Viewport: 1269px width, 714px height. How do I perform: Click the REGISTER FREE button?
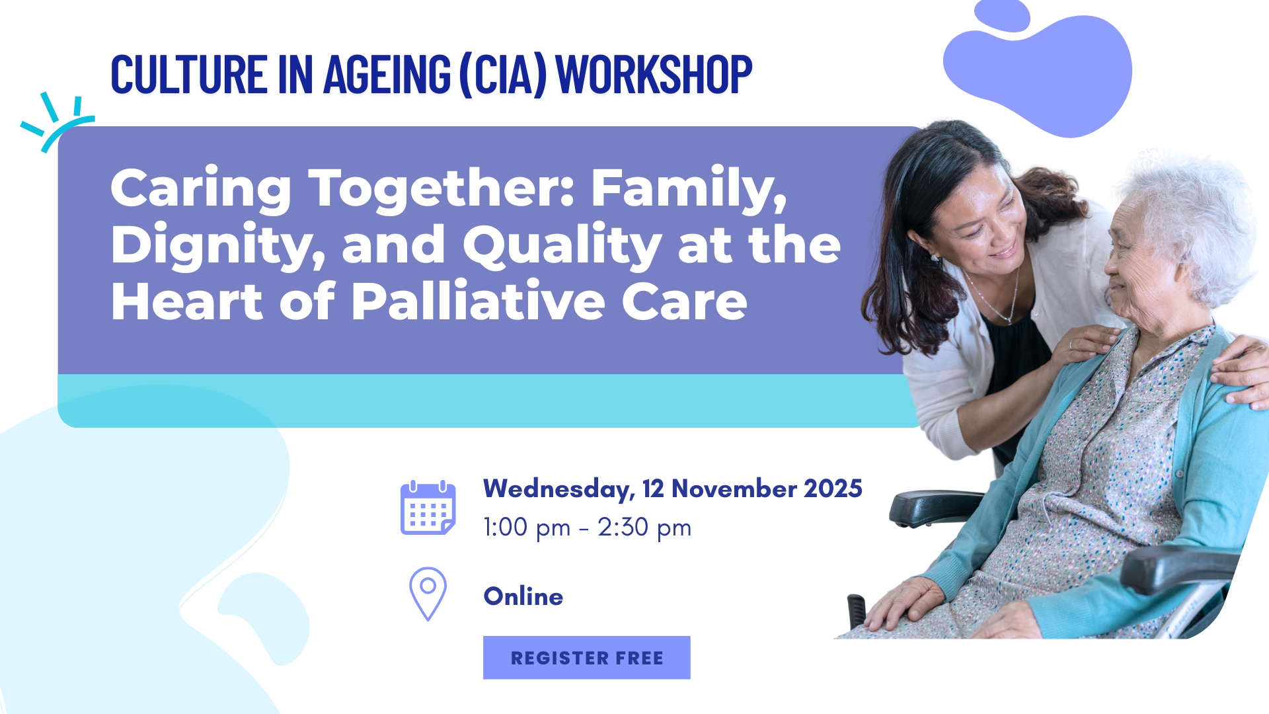(587, 658)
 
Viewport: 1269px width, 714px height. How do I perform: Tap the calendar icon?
(428, 508)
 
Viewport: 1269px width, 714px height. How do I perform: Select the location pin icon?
(428, 594)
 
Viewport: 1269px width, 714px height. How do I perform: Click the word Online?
(523, 596)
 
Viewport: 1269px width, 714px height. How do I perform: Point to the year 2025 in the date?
(833, 489)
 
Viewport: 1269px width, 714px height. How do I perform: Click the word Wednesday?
(559, 489)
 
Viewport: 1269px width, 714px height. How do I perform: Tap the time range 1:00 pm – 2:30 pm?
(588, 528)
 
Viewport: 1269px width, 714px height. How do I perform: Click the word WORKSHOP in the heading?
(654, 74)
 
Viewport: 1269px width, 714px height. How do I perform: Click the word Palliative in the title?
(478, 301)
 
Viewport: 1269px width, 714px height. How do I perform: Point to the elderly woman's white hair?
(1190, 212)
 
